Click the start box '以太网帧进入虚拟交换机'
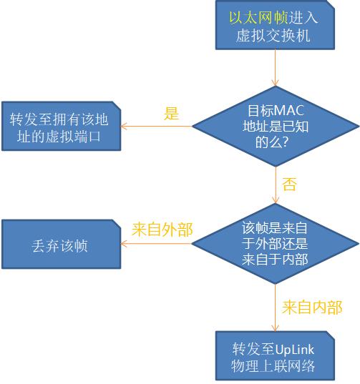click(x=275, y=25)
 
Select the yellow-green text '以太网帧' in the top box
click(x=258, y=18)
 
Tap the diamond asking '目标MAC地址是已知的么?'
click(x=276, y=127)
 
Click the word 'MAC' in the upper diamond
click(x=290, y=111)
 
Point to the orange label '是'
click(x=171, y=114)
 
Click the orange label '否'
click(x=289, y=184)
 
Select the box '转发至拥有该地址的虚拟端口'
click(x=62, y=126)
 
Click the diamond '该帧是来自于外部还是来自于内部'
click(x=275, y=244)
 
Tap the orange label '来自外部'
click(x=162, y=230)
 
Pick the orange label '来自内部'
click(x=312, y=307)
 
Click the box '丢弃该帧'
click(x=62, y=244)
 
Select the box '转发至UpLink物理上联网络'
click(x=275, y=356)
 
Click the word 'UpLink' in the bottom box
click(x=294, y=350)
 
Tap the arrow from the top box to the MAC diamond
click(x=276, y=68)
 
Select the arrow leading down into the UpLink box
click(x=275, y=307)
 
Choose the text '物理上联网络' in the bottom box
click(x=273, y=366)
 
